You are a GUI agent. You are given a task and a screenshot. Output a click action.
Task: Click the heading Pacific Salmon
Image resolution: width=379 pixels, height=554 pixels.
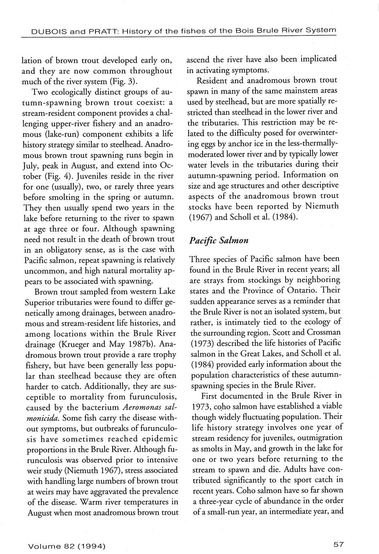[219, 240]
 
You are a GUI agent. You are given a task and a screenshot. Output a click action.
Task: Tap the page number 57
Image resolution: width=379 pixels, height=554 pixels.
[338, 544]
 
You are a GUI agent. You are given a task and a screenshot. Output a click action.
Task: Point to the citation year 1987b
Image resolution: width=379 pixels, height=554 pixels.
[141, 344]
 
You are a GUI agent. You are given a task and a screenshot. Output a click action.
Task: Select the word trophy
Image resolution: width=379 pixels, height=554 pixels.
[162, 354]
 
